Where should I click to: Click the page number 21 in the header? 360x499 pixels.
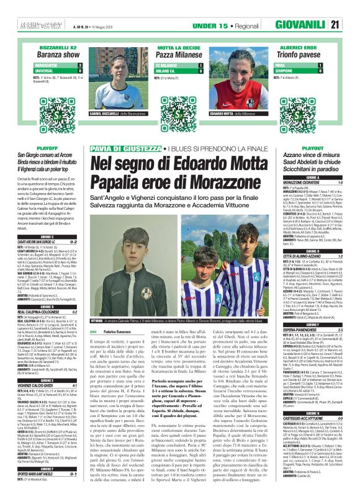pos(351,8)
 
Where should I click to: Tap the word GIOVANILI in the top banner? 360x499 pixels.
pos(317,8)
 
